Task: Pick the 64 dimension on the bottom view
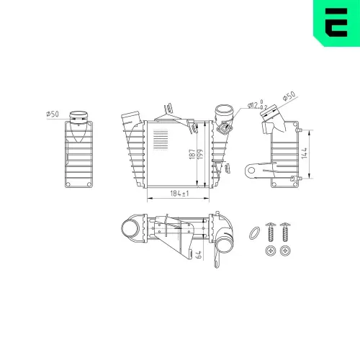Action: [x=198, y=254]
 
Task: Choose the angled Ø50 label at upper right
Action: [x=288, y=97]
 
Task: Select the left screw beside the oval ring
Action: [x=271, y=230]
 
